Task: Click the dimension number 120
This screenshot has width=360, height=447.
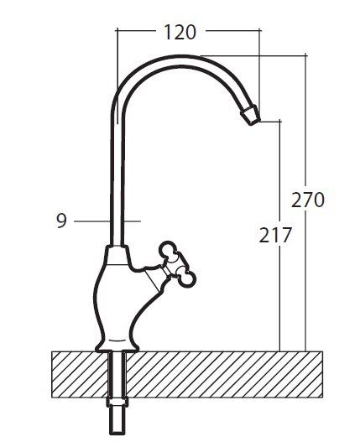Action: point(179,33)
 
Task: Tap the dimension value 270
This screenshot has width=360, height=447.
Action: point(308,200)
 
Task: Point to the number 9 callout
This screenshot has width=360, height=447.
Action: point(60,221)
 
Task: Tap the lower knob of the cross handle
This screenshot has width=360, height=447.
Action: point(184,274)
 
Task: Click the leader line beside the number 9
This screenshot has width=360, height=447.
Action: point(92,221)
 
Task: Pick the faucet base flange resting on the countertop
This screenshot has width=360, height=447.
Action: point(118,342)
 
